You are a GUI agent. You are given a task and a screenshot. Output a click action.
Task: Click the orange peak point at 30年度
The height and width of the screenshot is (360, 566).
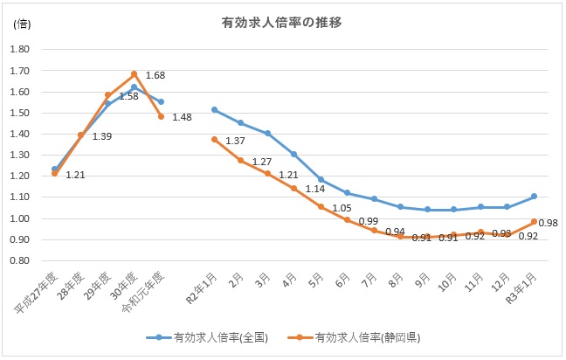pyautogui.click(x=135, y=74)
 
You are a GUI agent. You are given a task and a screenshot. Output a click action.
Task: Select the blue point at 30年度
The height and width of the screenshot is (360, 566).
pyautogui.click(x=135, y=87)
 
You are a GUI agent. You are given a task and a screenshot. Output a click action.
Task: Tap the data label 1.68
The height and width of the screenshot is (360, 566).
pyautogui.click(x=155, y=75)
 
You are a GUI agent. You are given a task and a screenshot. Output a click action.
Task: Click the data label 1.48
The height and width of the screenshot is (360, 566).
pyautogui.click(x=182, y=118)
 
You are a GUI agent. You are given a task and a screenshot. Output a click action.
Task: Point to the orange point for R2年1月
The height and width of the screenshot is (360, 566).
pyautogui.click(x=214, y=139)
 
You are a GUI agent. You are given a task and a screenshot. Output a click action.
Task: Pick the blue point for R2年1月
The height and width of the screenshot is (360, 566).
pyautogui.click(x=214, y=110)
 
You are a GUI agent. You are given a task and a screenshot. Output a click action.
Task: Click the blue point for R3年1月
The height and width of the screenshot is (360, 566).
pyautogui.click(x=534, y=197)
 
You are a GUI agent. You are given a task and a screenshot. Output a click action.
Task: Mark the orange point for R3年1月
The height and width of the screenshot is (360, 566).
pyautogui.click(x=534, y=222)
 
